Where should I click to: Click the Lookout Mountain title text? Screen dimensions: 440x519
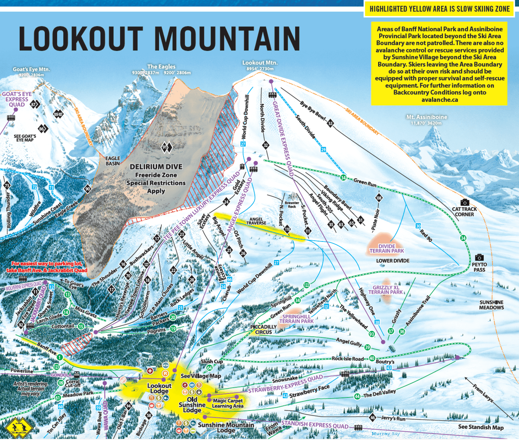coord(159,39)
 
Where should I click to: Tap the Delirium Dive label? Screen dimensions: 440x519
coord(156,167)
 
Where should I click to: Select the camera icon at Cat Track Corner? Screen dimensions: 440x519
coord(465,202)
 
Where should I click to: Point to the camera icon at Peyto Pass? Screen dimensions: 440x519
coord(479,257)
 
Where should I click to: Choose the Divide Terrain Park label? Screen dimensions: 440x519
coord(387,249)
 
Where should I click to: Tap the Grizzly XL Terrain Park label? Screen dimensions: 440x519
coord(387,290)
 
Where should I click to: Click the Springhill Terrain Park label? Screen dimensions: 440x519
coord(297,319)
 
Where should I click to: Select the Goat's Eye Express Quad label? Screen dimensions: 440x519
coord(17,99)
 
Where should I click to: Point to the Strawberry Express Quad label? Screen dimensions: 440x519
coord(285,385)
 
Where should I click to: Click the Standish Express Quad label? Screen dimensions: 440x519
coord(315,425)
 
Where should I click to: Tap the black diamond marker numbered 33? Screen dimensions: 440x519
coord(330,123)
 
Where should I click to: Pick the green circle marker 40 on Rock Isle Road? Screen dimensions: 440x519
coord(372,358)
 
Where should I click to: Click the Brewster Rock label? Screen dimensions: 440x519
coord(292,204)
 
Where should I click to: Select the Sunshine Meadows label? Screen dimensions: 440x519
coord(491,305)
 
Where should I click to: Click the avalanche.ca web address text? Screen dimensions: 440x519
coord(439,100)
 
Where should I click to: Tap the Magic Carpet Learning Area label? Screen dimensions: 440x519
coord(228,403)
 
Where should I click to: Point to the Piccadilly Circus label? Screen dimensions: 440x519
coord(264,329)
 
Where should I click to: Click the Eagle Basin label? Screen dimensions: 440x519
coord(113,161)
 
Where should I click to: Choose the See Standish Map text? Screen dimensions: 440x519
coord(481,427)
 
